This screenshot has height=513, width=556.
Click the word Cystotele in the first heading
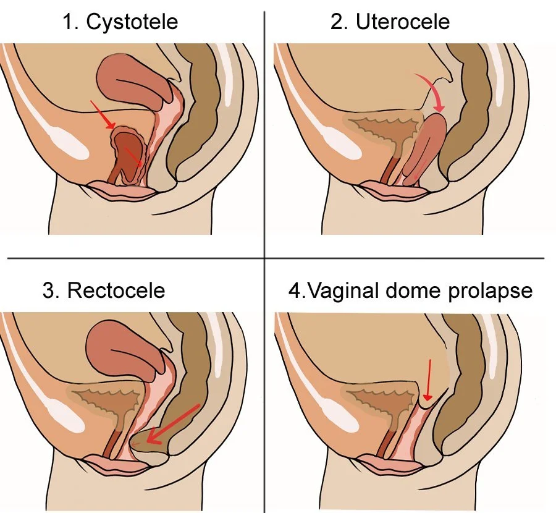click(x=132, y=22)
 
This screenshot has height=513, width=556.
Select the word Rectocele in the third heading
click(x=116, y=290)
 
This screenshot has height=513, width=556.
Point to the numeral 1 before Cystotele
click(x=69, y=22)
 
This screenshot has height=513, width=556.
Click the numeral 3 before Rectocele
click(x=49, y=290)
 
